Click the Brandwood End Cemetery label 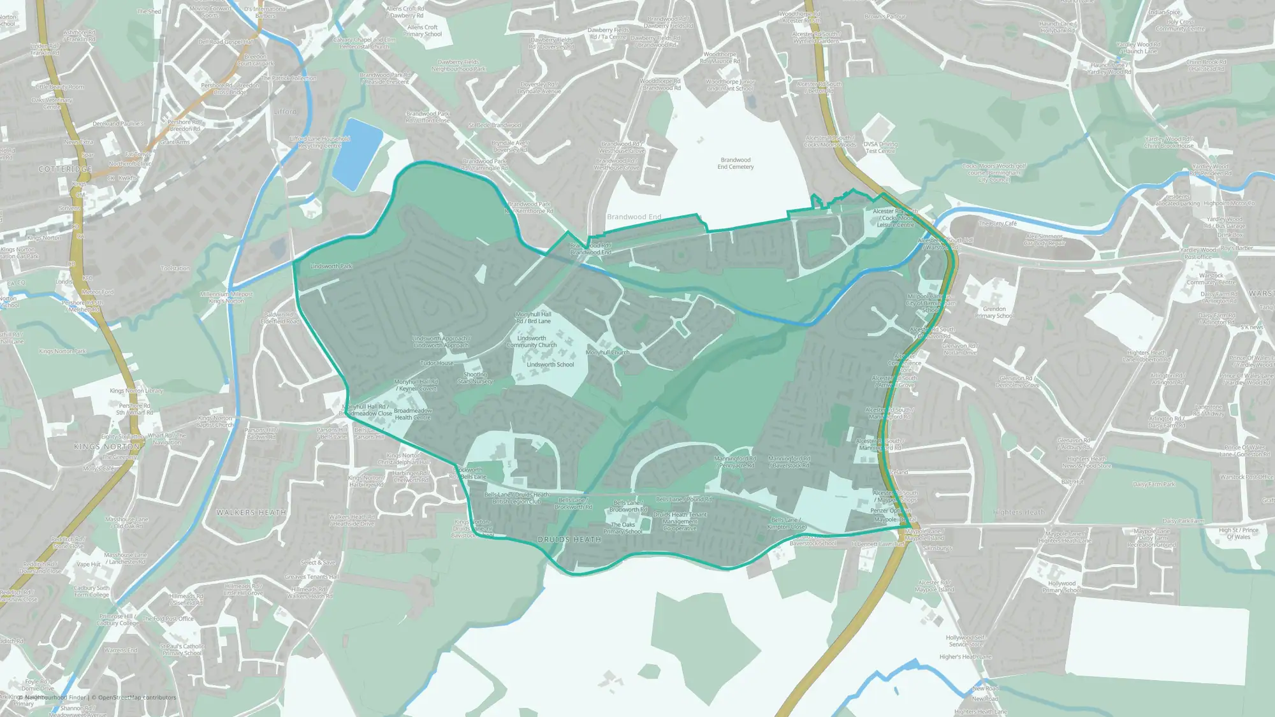[x=735, y=163]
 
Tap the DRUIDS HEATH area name [x=569, y=540]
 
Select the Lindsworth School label [x=550, y=365]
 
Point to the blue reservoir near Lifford [x=357, y=154]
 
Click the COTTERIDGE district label [x=65, y=170]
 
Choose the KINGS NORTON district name [x=106, y=447]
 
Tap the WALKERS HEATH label [x=251, y=512]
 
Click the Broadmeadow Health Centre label [x=412, y=414]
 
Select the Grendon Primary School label [x=994, y=312]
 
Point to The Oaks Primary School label [x=623, y=528]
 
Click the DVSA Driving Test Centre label [x=880, y=147]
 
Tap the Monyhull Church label [x=607, y=352]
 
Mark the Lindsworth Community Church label [x=531, y=342]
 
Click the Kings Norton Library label [x=136, y=391]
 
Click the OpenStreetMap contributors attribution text [x=136, y=697]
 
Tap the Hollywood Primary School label [x=1061, y=586]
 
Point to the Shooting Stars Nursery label [x=475, y=378]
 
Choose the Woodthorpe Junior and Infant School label [x=730, y=85]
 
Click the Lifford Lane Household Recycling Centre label [x=319, y=142]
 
